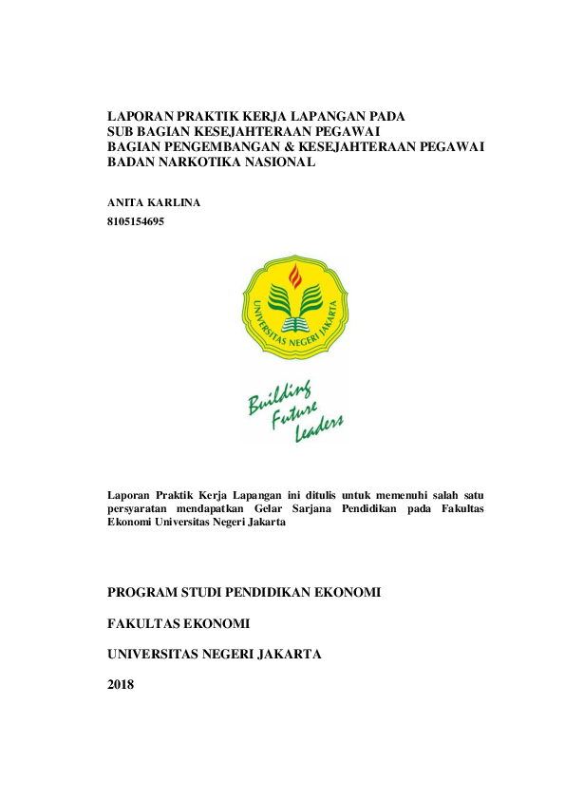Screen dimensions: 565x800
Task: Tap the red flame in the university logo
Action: (x=296, y=276)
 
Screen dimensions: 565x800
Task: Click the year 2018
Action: (x=122, y=685)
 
